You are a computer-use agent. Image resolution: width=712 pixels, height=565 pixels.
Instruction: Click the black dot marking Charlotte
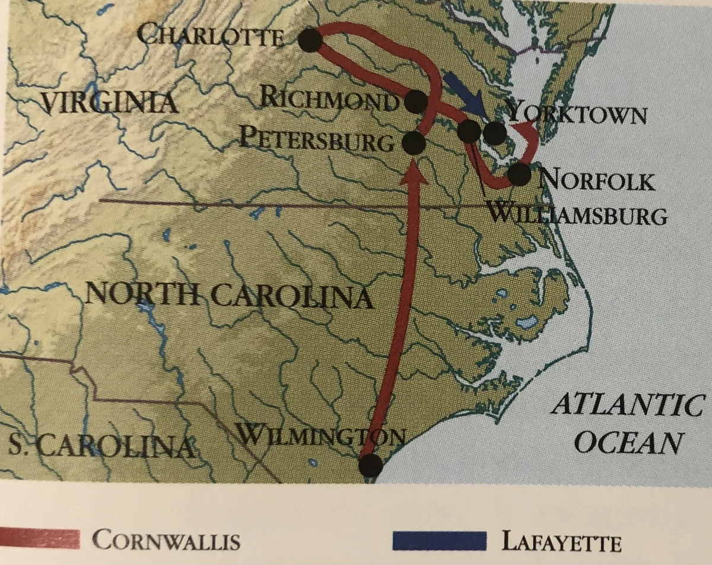tap(310, 40)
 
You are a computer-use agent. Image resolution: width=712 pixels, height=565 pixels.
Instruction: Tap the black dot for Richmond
tap(417, 102)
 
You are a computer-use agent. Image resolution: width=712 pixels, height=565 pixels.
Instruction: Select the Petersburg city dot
tap(414, 142)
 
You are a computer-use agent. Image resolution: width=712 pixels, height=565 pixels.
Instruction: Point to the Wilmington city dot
tap(370, 465)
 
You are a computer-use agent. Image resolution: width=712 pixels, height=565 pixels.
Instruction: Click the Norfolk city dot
tap(519, 173)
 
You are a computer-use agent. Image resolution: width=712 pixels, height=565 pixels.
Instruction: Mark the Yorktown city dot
tap(494, 133)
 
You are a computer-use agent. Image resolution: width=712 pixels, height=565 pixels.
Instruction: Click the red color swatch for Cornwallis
tap(40, 538)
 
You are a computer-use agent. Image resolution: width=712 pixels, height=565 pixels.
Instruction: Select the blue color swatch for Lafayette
tap(440, 540)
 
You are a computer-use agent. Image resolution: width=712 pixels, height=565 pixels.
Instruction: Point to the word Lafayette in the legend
tap(561, 541)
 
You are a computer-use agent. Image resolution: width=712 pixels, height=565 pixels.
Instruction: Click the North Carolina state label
tap(229, 294)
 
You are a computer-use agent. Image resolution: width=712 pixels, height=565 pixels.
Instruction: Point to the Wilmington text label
tap(320, 437)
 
